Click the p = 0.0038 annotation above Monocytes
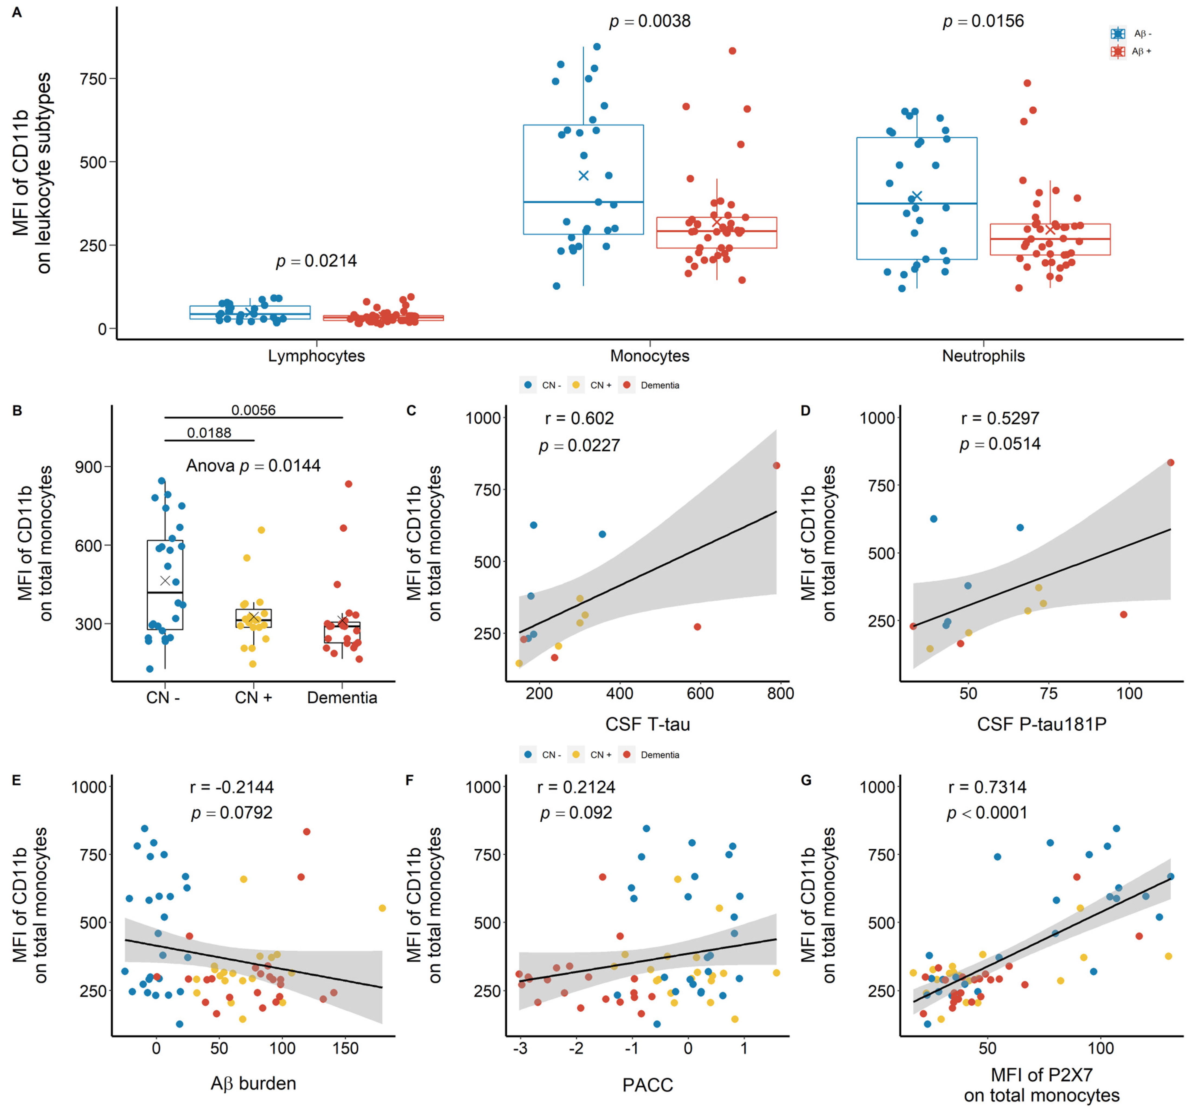[x=650, y=22]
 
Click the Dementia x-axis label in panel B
[x=342, y=698]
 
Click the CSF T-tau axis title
[x=648, y=724]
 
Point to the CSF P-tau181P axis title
[x=1041, y=724]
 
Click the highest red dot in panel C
[x=776, y=466]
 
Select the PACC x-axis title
[x=648, y=1084]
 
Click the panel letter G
[x=806, y=780]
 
